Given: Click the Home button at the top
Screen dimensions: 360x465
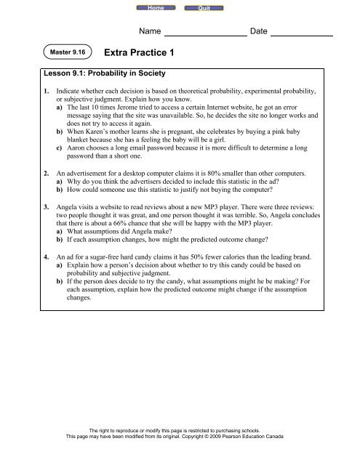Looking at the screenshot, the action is point(155,7).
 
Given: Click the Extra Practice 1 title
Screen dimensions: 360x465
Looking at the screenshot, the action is point(142,52).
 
